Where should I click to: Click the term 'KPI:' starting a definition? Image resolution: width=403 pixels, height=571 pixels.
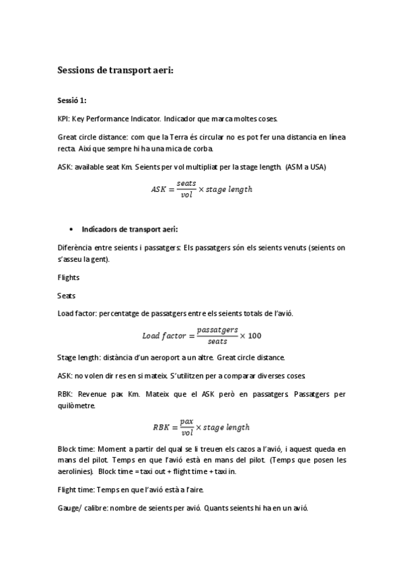click(64, 118)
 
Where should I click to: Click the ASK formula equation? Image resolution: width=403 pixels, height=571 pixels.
click(201, 189)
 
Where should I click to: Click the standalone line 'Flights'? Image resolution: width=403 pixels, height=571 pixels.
click(69, 277)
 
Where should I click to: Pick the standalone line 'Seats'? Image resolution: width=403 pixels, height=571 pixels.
click(67, 295)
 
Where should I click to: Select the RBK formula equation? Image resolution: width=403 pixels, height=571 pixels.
click(201, 427)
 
